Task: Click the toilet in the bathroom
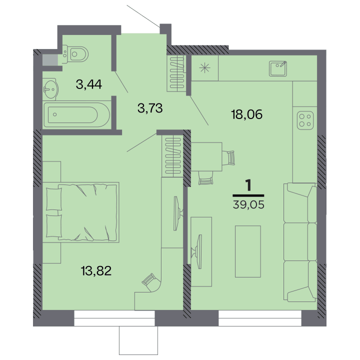point(75,54)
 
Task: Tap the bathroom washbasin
point(50,89)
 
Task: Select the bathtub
point(76,114)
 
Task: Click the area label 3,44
point(89,84)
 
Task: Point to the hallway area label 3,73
point(150,108)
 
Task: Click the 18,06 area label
point(247,114)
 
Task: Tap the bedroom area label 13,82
point(96,270)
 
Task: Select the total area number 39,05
point(248,204)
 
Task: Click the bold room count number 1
point(248,185)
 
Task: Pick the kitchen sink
point(278,68)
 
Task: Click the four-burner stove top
point(305,120)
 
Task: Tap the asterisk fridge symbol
point(204,68)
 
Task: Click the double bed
point(81,212)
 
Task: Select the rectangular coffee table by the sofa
point(248,251)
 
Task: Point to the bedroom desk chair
point(151,282)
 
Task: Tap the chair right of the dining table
point(229,157)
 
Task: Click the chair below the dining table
point(206,178)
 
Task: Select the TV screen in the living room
point(199,251)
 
